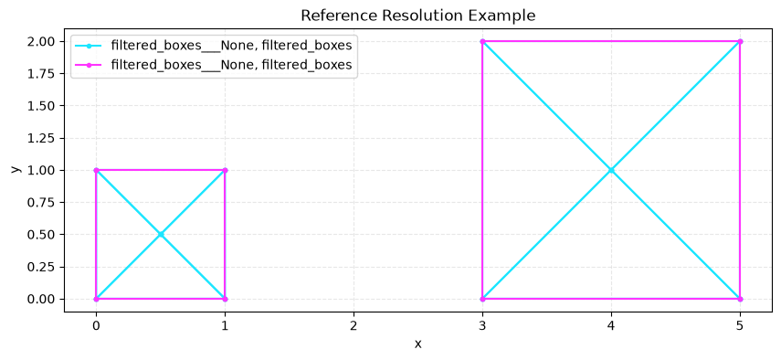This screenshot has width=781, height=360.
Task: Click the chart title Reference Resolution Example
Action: coord(417,16)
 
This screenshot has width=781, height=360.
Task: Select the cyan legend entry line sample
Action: coord(90,47)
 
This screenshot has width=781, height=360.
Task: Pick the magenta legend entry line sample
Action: coord(90,65)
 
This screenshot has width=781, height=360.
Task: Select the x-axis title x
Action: coord(417,344)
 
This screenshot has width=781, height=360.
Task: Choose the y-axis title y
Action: coord(16,170)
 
